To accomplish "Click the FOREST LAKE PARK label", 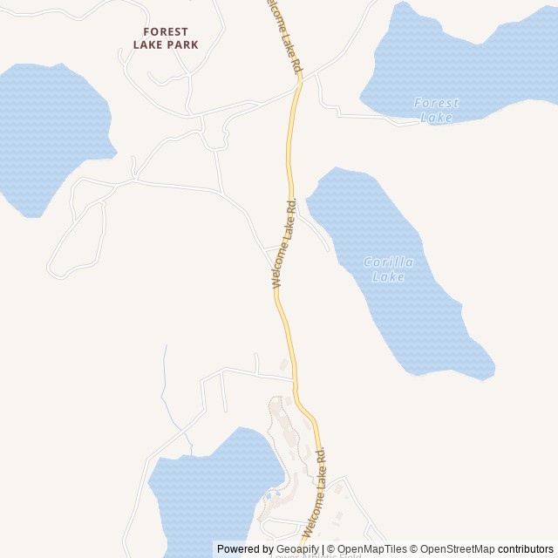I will (166, 37).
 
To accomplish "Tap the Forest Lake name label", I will (436, 110).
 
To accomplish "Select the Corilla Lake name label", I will (388, 269).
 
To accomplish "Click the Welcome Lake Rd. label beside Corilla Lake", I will (285, 243).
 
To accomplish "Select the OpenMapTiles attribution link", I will (371, 549).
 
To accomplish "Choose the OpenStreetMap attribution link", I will (457, 549).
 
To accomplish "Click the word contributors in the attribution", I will (526, 549).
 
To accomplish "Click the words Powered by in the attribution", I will (245, 549).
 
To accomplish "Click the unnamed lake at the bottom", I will (209, 493).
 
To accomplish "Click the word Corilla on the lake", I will (388, 262).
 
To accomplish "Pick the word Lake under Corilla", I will (388, 277).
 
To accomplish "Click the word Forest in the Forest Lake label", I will (436, 103).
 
